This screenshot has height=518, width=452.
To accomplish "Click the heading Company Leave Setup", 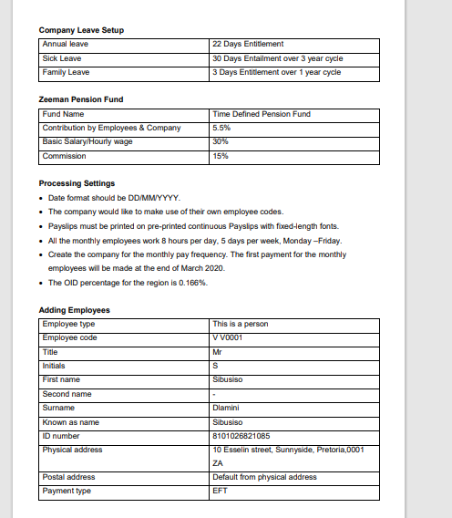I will point(81,30).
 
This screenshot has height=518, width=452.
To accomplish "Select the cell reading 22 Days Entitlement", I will point(248,44).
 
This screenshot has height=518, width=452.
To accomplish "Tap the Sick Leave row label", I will point(62,57).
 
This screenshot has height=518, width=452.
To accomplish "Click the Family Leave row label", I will point(65,71).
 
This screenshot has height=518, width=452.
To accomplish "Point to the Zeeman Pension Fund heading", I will point(81,98).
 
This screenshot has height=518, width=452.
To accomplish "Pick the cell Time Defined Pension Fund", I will point(261,114).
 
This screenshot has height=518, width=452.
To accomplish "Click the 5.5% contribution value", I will point(221,128).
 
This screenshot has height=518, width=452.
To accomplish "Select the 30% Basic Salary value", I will point(220,141).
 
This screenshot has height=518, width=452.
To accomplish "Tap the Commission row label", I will point(65,156).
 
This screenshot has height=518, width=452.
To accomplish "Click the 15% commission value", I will point(220,156).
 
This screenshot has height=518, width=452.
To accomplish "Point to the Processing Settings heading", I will point(77,183).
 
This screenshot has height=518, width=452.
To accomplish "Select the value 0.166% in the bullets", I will point(191,283).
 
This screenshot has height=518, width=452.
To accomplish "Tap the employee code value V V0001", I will point(226,337).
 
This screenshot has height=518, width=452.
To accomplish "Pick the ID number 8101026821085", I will point(241,436).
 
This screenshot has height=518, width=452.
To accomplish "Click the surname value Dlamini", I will point(225,408).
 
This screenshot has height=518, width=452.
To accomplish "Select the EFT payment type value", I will point(219,492).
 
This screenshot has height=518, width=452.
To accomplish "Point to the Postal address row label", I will point(68,477).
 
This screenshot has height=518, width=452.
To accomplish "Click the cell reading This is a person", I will point(240,324).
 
